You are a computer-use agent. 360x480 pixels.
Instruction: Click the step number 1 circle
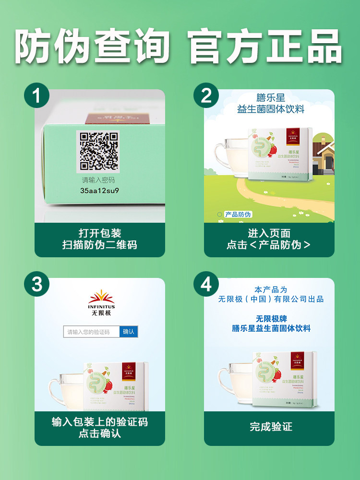coord(36,96)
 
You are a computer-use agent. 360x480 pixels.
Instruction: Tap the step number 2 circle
coord(206,96)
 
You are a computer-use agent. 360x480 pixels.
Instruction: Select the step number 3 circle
coord(36,284)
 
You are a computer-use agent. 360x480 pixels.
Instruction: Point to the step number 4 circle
coord(206,284)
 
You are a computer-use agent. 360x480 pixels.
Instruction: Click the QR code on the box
coord(98,151)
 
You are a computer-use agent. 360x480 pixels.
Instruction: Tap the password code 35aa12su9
coord(99,190)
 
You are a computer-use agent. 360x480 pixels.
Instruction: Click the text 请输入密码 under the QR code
coord(98,180)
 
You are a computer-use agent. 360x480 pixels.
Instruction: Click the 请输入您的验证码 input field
coord(91,332)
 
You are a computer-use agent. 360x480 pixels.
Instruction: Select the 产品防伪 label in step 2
coord(238,215)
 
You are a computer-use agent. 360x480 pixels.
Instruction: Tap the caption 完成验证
coord(271,426)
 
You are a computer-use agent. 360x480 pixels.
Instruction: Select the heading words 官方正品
coord(265,47)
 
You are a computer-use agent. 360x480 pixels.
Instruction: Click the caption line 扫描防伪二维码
coord(99,245)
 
